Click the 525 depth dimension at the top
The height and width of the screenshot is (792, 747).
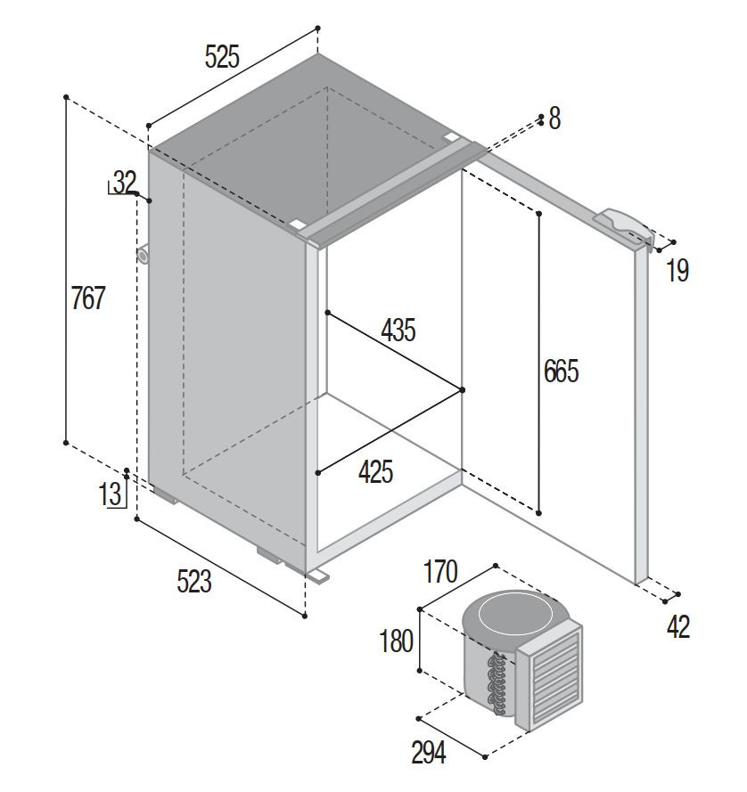coord(222,57)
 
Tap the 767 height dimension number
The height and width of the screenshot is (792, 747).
coord(88,298)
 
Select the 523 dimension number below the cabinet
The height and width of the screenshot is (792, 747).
coord(194,581)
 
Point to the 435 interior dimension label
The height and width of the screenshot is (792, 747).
coord(398,331)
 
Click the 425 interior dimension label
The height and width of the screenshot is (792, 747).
coord(375,472)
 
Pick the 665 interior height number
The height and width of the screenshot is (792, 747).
coord(561,372)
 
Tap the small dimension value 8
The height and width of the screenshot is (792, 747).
coord(554,118)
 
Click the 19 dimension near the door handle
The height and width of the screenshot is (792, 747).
coord(677,270)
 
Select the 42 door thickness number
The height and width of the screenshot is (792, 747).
coord(678,627)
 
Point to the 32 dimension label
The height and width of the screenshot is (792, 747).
coord(126,182)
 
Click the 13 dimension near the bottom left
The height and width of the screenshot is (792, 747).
coord(110,494)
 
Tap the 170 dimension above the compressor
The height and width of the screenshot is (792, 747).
coord(440,571)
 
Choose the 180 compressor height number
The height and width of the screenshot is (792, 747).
coord(397,641)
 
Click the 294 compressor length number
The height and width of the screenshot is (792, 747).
coord(429,753)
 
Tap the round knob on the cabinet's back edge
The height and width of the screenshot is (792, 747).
coord(143,255)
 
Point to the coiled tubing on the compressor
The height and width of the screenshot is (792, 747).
coord(496,684)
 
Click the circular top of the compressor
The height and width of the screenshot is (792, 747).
coord(513,613)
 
